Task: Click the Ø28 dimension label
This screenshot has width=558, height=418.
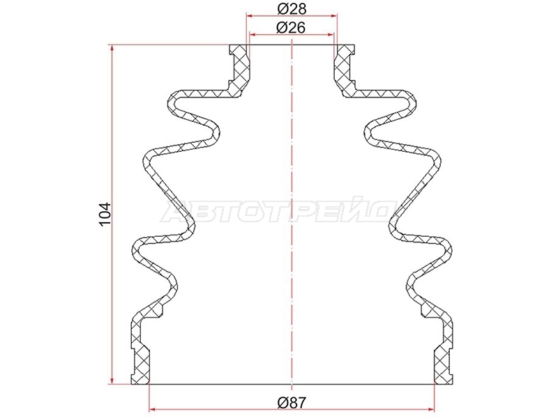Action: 292,8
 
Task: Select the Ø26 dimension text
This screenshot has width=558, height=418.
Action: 292,27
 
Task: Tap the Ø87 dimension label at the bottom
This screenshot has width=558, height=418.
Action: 292,403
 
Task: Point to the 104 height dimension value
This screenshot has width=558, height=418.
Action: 106,215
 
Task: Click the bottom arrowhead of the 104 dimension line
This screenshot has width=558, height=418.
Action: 112,380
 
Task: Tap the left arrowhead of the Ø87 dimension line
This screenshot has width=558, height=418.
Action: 154,409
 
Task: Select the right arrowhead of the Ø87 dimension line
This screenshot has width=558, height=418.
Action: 430,409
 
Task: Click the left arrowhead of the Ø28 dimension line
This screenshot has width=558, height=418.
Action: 251,15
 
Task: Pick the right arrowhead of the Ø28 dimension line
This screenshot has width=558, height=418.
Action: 333,15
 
